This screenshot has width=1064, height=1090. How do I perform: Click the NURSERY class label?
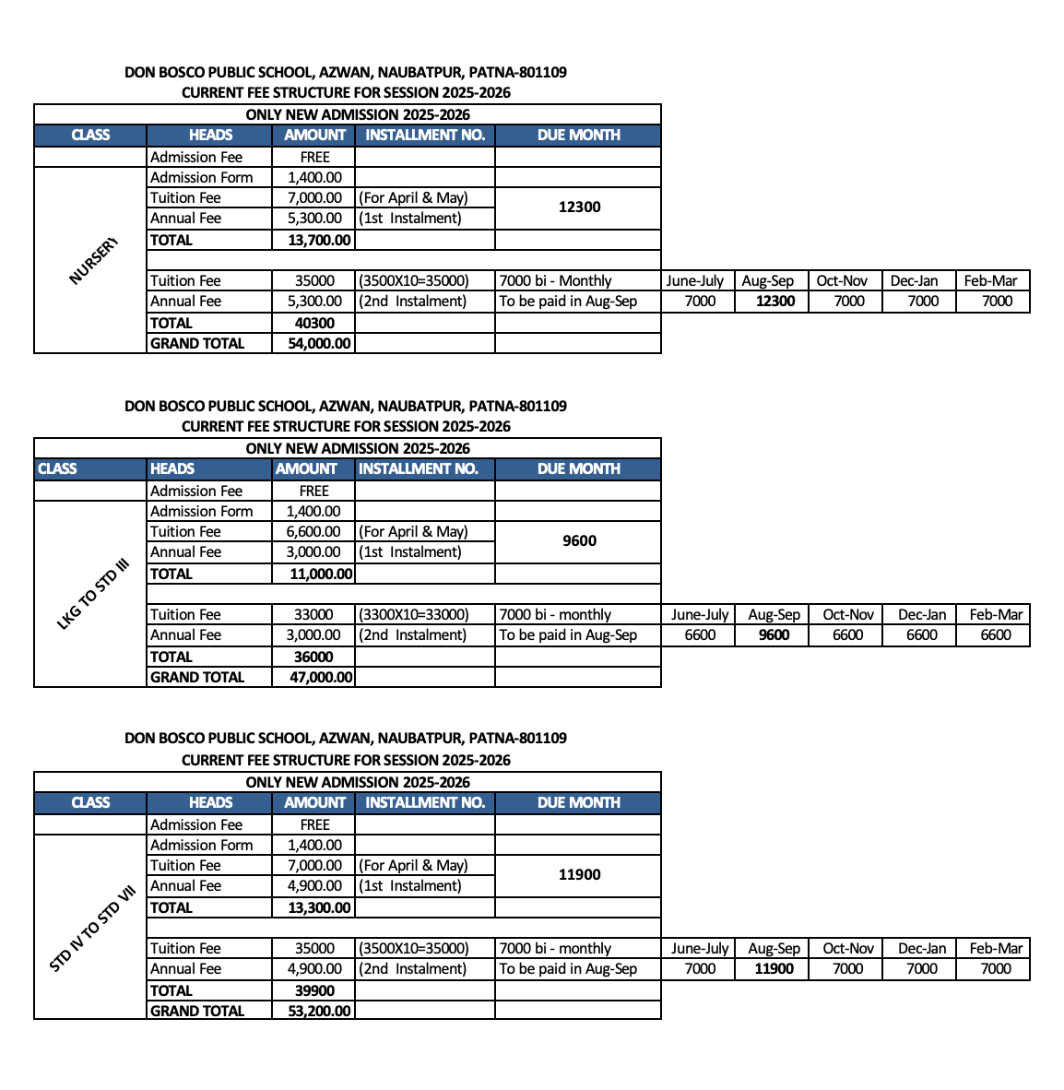93,261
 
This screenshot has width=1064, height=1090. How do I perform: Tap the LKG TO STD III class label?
93,595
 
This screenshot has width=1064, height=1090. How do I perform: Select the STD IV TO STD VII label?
92,928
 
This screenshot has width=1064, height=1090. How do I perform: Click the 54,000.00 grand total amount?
319,343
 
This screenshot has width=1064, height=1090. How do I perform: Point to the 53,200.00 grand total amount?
319,1011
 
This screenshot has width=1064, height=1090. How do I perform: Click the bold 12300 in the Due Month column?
579,207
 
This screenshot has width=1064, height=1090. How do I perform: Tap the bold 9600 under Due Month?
579,541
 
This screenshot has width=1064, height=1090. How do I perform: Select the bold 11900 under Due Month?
579,875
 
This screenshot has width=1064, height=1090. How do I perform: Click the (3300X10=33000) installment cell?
413,614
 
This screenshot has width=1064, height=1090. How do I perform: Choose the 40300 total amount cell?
314,323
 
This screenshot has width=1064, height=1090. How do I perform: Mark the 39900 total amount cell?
314,990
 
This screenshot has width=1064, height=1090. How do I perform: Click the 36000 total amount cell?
313,657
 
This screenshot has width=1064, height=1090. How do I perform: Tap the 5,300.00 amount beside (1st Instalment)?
314,219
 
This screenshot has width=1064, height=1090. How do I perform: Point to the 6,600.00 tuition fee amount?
313,532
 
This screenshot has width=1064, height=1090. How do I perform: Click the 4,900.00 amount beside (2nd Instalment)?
314,968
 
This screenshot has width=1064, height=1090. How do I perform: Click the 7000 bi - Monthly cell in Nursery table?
555,281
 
